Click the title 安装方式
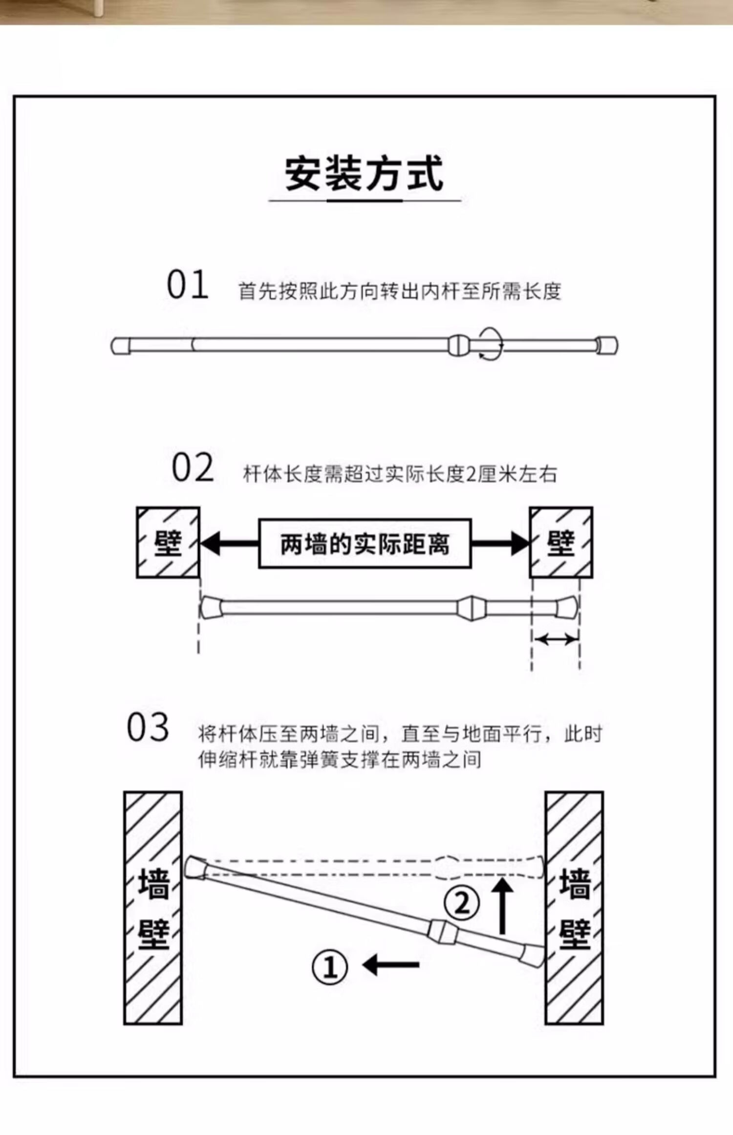(x=364, y=174)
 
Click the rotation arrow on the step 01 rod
(x=490, y=345)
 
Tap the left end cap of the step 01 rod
(x=120, y=346)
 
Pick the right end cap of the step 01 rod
(x=607, y=346)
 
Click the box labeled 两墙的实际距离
(x=365, y=544)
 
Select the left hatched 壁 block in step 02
(x=168, y=543)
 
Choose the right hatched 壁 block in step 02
(x=561, y=543)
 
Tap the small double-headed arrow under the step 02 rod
(x=556, y=638)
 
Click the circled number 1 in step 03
(x=330, y=967)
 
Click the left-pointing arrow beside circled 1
(x=391, y=965)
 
